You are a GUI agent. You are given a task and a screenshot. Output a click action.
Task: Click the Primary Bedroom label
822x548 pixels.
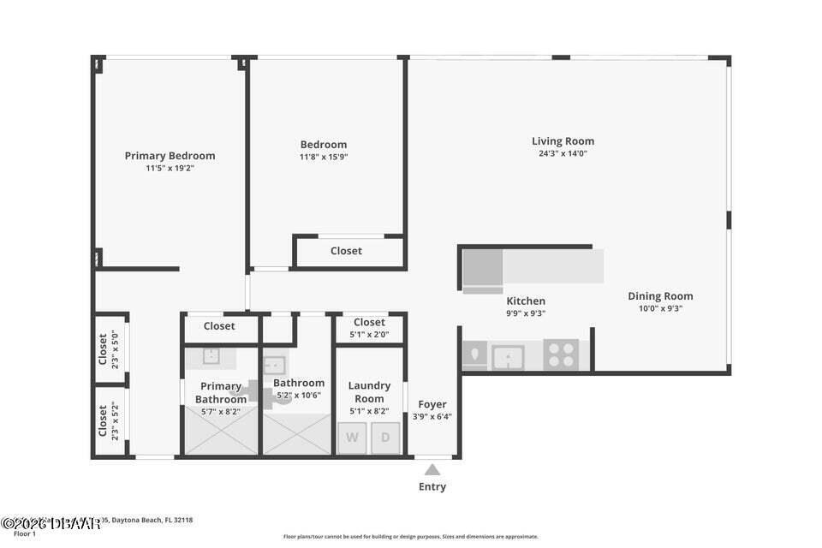(170, 156)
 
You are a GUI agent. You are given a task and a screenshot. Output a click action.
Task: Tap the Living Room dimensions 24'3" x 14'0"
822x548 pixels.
(563, 154)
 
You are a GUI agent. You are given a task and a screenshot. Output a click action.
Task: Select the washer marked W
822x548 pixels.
(352, 438)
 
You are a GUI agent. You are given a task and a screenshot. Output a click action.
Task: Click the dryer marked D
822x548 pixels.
(385, 438)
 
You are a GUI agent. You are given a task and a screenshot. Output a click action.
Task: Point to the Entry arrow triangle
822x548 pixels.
(432, 468)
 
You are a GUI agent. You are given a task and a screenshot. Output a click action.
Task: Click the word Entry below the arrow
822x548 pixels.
(432, 487)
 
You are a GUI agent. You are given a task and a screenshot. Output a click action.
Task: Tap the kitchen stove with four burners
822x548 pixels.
(561, 354)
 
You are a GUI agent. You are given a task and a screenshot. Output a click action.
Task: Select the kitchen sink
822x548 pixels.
(508, 355)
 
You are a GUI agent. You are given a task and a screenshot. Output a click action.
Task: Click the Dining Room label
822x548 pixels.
(660, 296)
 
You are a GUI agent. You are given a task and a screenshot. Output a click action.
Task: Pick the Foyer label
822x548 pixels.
(432, 404)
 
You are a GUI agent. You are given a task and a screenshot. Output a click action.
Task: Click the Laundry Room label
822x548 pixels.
(369, 392)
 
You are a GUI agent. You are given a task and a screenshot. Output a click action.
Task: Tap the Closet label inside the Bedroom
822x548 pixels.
(346, 251)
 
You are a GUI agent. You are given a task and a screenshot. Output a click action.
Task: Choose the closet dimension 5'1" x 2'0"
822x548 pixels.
(369, 334)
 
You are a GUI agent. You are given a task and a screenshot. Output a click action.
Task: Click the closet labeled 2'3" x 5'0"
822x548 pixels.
(109, 348)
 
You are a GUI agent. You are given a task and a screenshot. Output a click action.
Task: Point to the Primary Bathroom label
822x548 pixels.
(221, 393)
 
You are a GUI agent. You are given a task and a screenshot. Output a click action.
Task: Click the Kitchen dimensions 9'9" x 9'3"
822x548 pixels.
(526, 313)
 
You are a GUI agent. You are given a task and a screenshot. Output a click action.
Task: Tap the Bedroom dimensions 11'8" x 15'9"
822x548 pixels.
(324, 158)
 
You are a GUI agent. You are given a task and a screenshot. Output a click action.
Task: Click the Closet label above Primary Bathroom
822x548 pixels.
(219, 326)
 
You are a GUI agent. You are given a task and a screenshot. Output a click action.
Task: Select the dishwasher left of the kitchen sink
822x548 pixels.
(474, 354)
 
